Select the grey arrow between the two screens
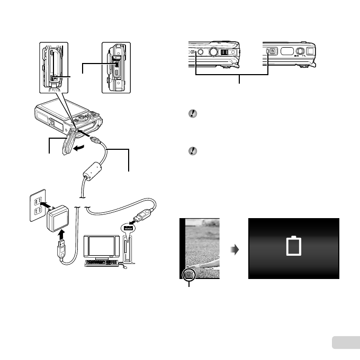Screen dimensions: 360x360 [x=235, y=248]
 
